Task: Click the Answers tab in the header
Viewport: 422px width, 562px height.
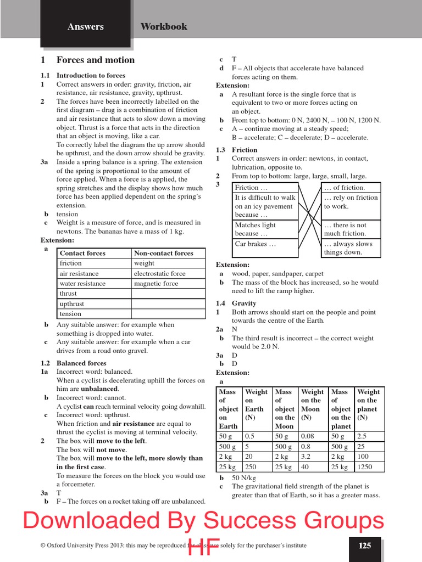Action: (85, 26)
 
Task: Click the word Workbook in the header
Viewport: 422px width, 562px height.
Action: (164, 26)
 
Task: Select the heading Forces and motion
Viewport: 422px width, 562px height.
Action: (95, 60)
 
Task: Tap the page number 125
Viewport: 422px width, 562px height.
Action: (365, 546)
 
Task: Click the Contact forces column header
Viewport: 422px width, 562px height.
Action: (82, 253)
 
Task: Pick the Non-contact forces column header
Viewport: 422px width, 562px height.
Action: (164, 253)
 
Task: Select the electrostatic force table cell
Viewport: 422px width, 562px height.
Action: (160, 273)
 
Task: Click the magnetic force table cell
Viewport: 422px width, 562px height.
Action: (156, 284)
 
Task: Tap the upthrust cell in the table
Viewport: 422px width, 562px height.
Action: (72, 304)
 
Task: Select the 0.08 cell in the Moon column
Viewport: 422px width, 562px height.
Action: (308, 436)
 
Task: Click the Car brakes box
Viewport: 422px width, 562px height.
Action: (256, 244)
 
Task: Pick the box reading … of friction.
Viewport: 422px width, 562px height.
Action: (345, 188)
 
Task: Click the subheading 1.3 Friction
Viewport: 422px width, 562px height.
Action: (237, 150)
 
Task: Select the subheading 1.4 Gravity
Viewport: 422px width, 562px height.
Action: (236, 303)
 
